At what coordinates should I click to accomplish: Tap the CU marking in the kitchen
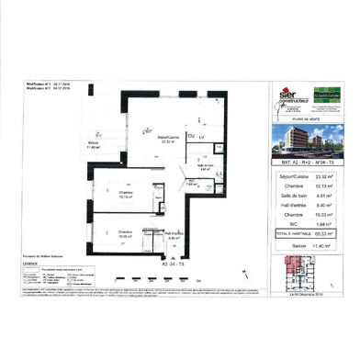click(190, 136)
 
